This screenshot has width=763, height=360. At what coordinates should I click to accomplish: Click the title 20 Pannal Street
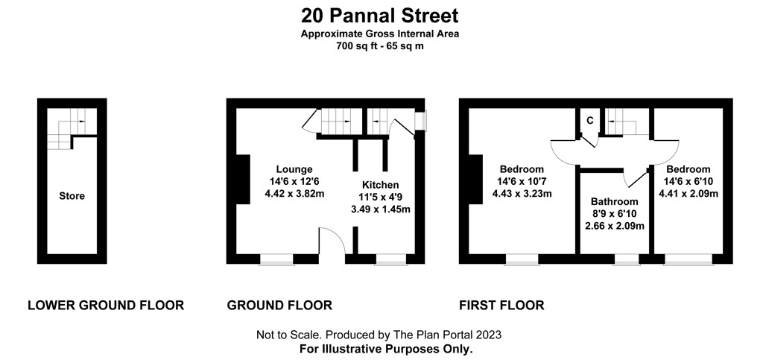tap(379, 16)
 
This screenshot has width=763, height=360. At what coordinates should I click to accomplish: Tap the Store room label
tap(72, 196)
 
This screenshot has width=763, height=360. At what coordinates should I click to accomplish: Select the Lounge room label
tap(294, 169)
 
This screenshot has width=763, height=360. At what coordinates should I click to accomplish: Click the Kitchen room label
tap(381, 185)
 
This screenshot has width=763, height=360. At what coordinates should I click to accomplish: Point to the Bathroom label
tap(614, 201)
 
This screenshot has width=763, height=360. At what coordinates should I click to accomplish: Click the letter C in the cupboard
tap(590, 121)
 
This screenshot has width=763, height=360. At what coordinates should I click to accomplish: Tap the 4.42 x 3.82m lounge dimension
tap(294, 194)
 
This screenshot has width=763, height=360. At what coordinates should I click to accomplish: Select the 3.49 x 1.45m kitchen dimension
tap(381, 209)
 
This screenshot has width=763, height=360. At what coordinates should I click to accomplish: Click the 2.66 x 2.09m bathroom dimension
tap(614, 226)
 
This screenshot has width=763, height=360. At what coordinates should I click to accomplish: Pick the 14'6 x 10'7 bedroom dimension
tap(522, 181)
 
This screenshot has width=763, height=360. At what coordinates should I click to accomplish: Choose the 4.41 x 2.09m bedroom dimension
tap(688, 194)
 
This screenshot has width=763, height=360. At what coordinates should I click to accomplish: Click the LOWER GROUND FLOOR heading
tap(106, 306)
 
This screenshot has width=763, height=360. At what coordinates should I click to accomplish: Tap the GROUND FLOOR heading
tap(279, 306)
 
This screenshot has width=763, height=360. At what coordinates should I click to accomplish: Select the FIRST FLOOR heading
tap(501, 306)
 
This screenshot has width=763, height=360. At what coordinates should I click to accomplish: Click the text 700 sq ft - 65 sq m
tap(379, 46)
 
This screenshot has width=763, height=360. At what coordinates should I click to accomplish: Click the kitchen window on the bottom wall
tap(391, 260)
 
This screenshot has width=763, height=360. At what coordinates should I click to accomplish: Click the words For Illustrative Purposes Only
tap(386, 349)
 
